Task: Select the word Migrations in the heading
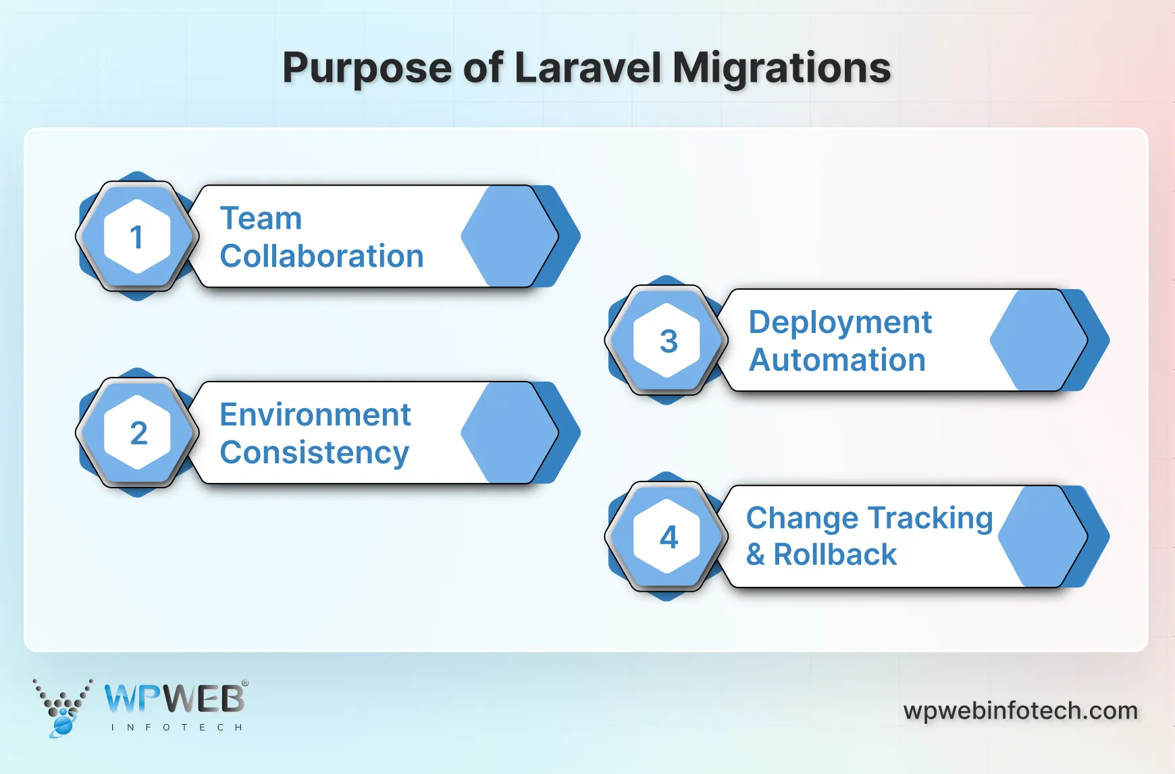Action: (781, 68)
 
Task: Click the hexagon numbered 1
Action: (137, 236)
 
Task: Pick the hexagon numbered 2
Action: (137, 433)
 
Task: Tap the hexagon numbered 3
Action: (667, 340)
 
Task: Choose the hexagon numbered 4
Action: (667, 537)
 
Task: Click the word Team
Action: (261, 219)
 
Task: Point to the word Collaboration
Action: (321, 257)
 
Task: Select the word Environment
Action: (315, 415)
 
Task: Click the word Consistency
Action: (314, 453)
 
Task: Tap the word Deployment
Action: (840, 323)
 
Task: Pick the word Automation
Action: (837, 360)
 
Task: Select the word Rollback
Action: (835, 555)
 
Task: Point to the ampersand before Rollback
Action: (756, 555)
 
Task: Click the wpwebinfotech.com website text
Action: (1020, 711)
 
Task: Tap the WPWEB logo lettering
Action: (174, 698)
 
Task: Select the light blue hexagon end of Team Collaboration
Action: (508, 236)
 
